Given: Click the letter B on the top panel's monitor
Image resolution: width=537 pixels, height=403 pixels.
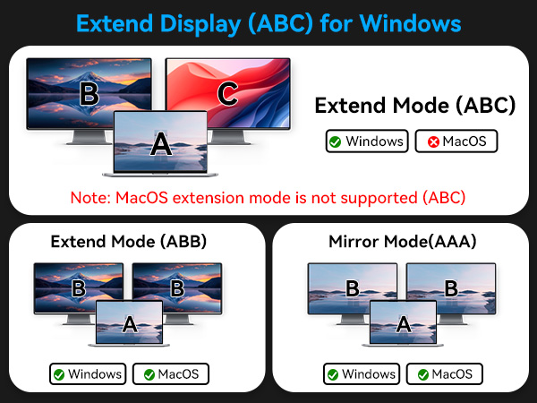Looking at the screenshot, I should click(89, 93).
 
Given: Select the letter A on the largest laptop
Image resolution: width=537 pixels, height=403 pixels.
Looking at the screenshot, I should click(159, 143).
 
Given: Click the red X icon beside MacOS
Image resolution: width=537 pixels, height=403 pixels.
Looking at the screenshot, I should click(433, 141).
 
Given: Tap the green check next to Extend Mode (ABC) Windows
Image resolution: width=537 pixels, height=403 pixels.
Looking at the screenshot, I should click(334, 141).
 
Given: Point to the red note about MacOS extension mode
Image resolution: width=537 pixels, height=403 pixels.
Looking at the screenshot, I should click(268, 196).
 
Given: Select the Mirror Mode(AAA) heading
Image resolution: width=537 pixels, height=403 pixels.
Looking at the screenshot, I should click(403, 241).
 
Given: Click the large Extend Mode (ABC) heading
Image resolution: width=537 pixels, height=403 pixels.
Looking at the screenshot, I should click(415, 106).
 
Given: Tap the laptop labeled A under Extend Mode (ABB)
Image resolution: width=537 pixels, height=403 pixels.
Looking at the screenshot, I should click(130, 323).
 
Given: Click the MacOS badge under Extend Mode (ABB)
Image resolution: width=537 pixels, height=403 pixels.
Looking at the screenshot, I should click(171, 373).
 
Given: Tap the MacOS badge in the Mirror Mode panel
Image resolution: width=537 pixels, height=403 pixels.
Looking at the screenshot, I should click(445, 373).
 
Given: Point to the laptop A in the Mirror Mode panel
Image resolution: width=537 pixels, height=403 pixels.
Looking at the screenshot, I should click(403, 323).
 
